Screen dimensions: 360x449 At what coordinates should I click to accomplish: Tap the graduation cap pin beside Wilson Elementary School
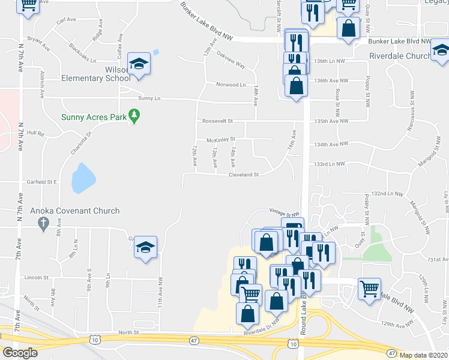click(139, 64)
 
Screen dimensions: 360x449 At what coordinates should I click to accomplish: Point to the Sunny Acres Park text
click(93, 116)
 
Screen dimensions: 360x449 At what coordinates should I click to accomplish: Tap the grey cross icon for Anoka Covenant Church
click(43, 224)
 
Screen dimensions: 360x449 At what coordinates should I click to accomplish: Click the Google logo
click(20, 353)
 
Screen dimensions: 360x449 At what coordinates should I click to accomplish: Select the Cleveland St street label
click(243, 175)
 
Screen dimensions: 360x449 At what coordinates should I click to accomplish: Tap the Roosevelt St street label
click(217, 121)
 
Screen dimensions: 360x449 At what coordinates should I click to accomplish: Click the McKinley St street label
click(220, 140)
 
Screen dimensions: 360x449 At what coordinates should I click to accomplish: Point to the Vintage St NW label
click(284, 214)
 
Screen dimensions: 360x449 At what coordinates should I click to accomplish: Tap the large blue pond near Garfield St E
click(83, 178)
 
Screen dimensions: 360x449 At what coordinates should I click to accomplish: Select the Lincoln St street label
click(37, 278)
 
